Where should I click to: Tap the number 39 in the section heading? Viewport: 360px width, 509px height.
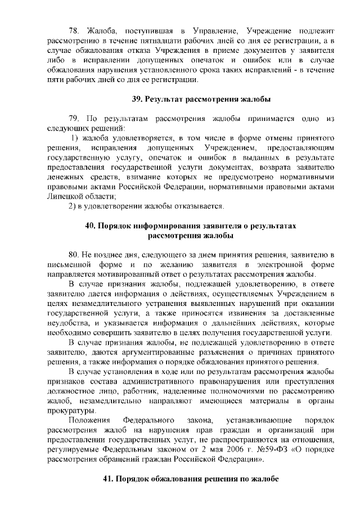click(x=137, y=100)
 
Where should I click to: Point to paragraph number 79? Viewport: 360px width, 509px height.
click(x=73, y=119)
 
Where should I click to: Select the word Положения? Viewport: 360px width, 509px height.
click(x=85, y=420)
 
